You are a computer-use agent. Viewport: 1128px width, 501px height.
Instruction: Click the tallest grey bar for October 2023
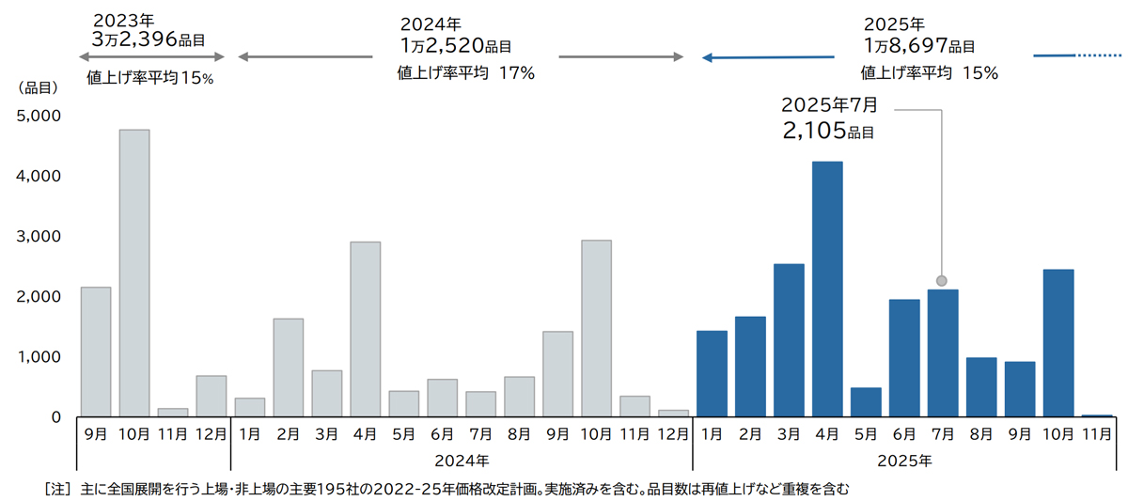click(134, 273)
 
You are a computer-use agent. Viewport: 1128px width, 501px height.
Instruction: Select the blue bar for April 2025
click(827, 289)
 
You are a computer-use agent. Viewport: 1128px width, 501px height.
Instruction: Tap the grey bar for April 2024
click(365, 329)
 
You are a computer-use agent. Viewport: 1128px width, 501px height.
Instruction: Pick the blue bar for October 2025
click(1058, 343)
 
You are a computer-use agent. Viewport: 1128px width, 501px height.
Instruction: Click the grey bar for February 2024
click(288, 368)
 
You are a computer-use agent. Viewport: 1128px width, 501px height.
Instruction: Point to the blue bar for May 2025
click(866, 401)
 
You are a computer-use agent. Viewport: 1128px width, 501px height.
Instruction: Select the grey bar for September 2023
click(96, 352)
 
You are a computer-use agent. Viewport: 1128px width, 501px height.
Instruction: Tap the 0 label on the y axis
click(55, 416)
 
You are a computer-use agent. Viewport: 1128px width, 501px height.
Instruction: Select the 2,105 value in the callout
click(814, 132)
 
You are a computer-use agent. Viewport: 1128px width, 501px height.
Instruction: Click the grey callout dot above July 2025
click(942, 280)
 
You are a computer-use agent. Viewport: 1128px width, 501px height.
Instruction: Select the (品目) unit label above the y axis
click(39, 88)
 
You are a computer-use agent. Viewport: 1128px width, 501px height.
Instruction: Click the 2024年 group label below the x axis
click(462, 461)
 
